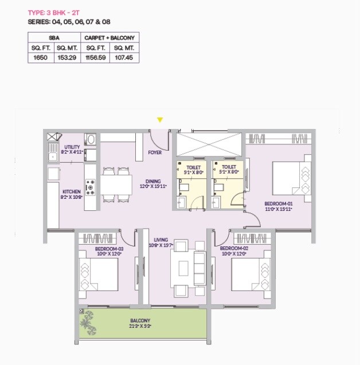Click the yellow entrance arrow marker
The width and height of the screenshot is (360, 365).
(x=160, y=120)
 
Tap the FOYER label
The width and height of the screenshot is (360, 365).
(x=155, y=153)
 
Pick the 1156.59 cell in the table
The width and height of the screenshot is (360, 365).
(x=96, y=57)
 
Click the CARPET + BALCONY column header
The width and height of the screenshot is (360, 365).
(x=110, y=37)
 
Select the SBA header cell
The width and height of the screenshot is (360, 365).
(x=55, y=37)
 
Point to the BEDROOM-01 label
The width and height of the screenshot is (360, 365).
(x=278, y=204)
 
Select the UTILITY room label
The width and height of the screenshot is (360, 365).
(x=72, y=147)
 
